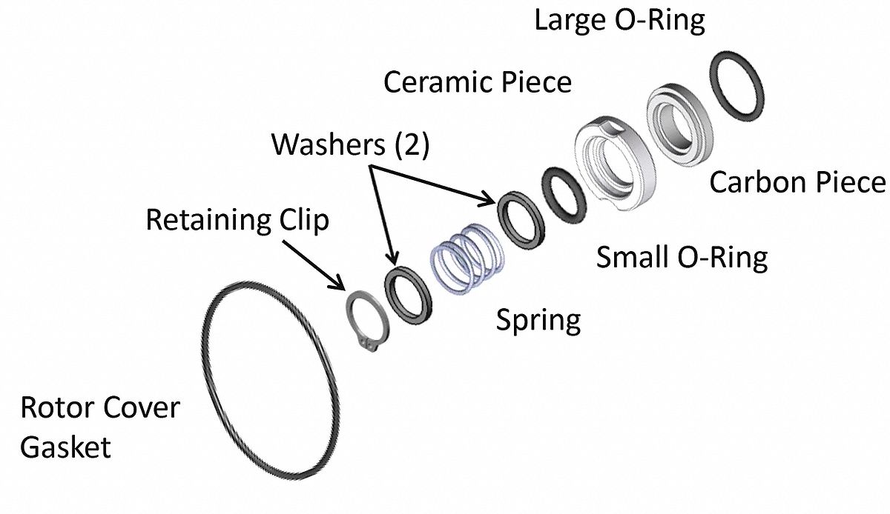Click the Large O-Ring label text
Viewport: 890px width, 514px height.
click(x=619, y=20)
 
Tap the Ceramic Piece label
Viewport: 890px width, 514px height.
click(x=477, y=81)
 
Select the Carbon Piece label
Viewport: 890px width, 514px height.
click(x=797, y=182)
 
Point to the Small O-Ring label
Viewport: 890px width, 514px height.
click(x=682, y=258)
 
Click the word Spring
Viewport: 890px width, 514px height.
click(x=538, y=321)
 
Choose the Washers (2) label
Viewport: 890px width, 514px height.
click(x=350, y=144)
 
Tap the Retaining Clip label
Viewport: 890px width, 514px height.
click(x=237, y=220)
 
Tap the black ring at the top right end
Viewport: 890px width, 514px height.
click(x=737, y=84)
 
